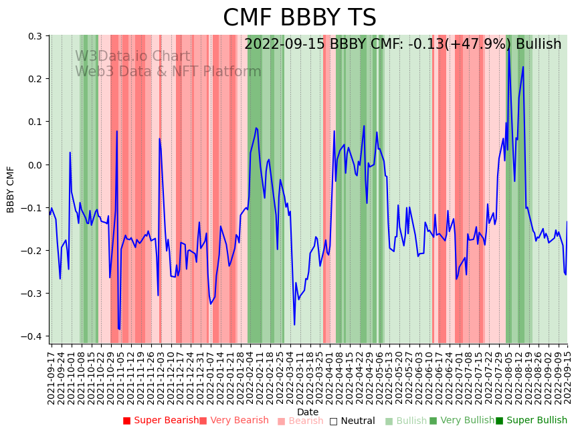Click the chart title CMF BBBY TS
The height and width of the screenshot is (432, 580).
299,18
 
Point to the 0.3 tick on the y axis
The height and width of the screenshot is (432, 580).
35,36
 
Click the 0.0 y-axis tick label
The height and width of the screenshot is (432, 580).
35,165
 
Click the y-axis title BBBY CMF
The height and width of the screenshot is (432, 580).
11,189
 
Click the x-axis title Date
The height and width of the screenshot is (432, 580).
308,412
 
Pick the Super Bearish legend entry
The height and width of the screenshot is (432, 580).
161,421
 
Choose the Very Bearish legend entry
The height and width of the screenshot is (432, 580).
233,421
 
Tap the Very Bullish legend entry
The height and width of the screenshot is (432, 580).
462,421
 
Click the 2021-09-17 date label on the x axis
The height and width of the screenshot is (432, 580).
52,375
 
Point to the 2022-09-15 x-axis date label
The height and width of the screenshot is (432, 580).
568,375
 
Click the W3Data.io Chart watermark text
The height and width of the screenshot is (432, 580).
132,57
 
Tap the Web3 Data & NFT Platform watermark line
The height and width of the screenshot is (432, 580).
168,72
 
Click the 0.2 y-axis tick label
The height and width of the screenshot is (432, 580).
35,79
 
